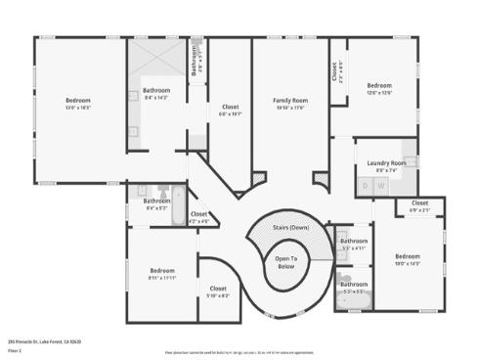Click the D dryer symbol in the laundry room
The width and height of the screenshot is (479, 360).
point(368,185)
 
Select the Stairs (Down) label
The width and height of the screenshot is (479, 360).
point(285,227)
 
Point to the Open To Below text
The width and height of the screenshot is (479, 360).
point(285,261)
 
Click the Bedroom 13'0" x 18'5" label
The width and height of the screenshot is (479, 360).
point(78,104)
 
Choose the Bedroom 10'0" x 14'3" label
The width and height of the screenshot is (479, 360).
point(407,259)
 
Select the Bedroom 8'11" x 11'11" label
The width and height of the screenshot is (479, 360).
point(162,274)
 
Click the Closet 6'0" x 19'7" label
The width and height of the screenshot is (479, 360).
point(231,110)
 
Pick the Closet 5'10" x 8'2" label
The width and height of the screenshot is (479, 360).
point(219,291)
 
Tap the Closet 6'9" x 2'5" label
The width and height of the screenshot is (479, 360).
point(419,207)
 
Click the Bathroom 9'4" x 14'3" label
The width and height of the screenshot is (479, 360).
point(156,94)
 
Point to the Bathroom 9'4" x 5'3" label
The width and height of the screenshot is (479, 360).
point(157,203)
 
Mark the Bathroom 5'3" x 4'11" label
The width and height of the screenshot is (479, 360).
point(354,244)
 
